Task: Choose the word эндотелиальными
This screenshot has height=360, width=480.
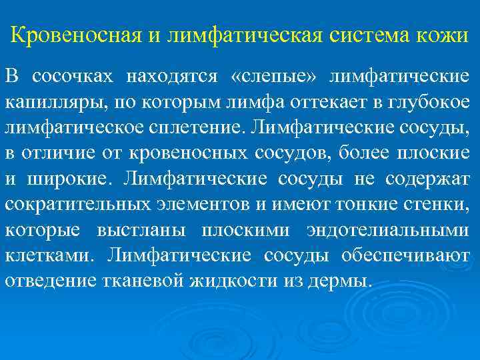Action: [x=388, y=229]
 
